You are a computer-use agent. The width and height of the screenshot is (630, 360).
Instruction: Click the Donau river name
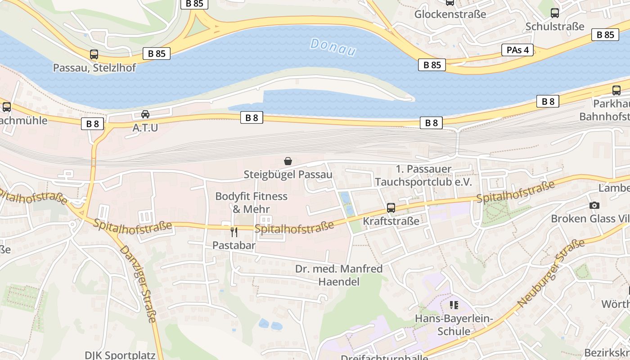click(333, 47)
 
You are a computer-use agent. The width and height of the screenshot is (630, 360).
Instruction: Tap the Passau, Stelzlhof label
click(94, 68)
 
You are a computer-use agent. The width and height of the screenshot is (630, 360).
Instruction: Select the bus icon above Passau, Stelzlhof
click(94, 54)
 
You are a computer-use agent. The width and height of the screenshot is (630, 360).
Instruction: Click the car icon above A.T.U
click(145, 114)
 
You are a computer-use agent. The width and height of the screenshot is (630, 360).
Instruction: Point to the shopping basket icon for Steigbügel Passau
click(288, 161)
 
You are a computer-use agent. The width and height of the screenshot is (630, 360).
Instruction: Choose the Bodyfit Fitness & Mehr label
click(251, 202)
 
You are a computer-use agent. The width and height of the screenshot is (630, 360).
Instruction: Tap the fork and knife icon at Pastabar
click(234, 232)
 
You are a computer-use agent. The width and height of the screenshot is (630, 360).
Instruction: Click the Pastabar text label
click(234, 245)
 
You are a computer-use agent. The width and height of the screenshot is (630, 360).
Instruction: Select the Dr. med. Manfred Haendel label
click(339, 275)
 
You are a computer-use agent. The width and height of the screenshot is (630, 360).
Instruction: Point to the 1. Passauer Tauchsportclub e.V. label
click(423, 175)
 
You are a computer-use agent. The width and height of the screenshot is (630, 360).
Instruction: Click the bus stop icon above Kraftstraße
click(391, 208)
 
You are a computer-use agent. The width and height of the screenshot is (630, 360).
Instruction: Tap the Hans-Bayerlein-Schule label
click(454, 325)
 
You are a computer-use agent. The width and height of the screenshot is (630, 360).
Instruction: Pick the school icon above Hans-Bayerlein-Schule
click(454, 306)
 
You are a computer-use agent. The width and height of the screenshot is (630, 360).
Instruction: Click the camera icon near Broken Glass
click(594, 206)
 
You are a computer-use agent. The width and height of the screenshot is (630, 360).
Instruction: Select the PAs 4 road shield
click(517, 50)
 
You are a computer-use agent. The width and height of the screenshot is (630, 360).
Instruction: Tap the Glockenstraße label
click(450, 14)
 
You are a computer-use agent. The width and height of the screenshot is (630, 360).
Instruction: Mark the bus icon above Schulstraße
click(555, 13)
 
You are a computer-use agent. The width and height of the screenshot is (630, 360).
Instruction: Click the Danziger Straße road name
click(139, 284)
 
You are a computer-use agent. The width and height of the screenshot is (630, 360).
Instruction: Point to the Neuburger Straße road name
click(551, 273)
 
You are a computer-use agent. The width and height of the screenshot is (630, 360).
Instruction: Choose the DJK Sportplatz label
click(120, 355)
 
